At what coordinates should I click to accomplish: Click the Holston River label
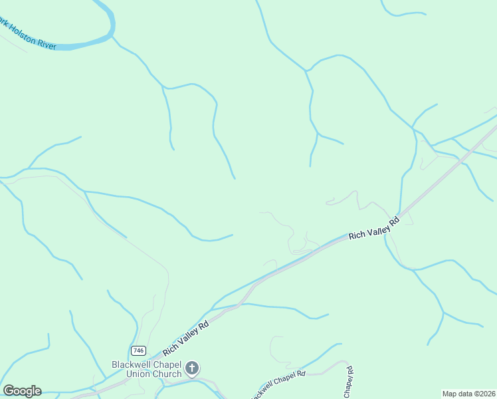click(x=27, y=35)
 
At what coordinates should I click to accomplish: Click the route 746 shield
click(x=138, y=350)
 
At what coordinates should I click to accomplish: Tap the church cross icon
click(x=192, y=368)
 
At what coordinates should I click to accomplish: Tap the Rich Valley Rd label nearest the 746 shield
click(x=186, y=338)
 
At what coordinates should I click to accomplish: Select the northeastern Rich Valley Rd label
click(x=374, y=227)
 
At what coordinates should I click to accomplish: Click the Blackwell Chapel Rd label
click(x=279, y=384)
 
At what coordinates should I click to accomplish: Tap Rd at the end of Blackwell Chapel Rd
click(x=300, y=374)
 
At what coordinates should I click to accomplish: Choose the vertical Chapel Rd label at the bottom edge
click(x=348, y=382)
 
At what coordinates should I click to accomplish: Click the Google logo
click(x=22, y=391)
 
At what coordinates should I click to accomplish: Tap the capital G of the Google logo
click(x=9, y=391)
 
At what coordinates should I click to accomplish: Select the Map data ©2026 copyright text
click(x=468, y=394)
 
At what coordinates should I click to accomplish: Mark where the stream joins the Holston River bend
click(x=112, y=37)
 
